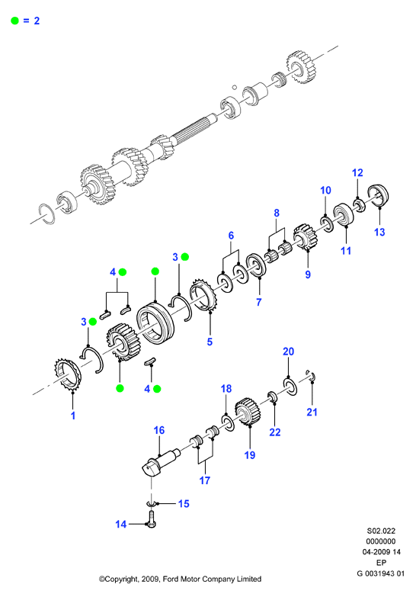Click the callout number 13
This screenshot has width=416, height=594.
[x=379, y=232]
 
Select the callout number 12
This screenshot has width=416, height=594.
[x=357, y=173]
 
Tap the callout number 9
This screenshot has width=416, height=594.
[x=308, y=275]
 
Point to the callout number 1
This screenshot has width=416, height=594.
[x=73, y=416]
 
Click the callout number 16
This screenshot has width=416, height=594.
[x=159, y=430]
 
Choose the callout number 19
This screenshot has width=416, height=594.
[x=250, y=455]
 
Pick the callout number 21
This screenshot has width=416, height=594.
[x=312, y=412]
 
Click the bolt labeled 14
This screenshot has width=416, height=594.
[x=152, y=519]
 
